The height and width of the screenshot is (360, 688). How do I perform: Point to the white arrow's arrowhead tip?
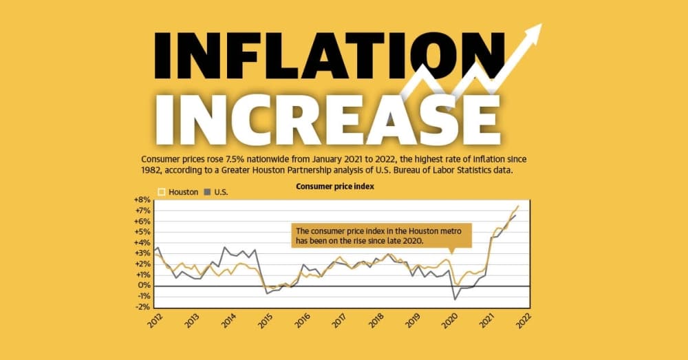point(542,24)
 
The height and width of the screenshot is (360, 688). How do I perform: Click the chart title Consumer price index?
point(335,186)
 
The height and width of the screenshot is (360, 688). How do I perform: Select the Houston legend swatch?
point(162,192)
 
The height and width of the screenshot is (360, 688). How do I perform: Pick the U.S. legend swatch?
point(206,192)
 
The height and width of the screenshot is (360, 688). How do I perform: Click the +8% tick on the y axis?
point(142,200)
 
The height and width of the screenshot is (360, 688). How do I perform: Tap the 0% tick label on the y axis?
point(144,286)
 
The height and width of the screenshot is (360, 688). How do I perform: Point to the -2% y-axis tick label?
point(143,307)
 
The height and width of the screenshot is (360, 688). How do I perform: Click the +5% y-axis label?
point(142,232)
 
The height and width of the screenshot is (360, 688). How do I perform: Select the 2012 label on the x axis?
point(155,321)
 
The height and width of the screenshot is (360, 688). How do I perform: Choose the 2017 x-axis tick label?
point(339,321)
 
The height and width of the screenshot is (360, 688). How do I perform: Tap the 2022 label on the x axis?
point(524,321)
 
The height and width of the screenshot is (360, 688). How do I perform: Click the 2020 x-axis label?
point(450,321)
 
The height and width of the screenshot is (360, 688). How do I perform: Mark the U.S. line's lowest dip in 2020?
point(455,300)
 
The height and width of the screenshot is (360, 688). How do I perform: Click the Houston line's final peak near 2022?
point(519,205)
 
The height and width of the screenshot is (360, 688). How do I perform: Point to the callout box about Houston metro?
point(381,236)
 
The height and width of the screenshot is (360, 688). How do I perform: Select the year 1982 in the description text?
point(151,170)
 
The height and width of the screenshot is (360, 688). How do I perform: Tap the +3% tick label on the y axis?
point(142,253)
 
